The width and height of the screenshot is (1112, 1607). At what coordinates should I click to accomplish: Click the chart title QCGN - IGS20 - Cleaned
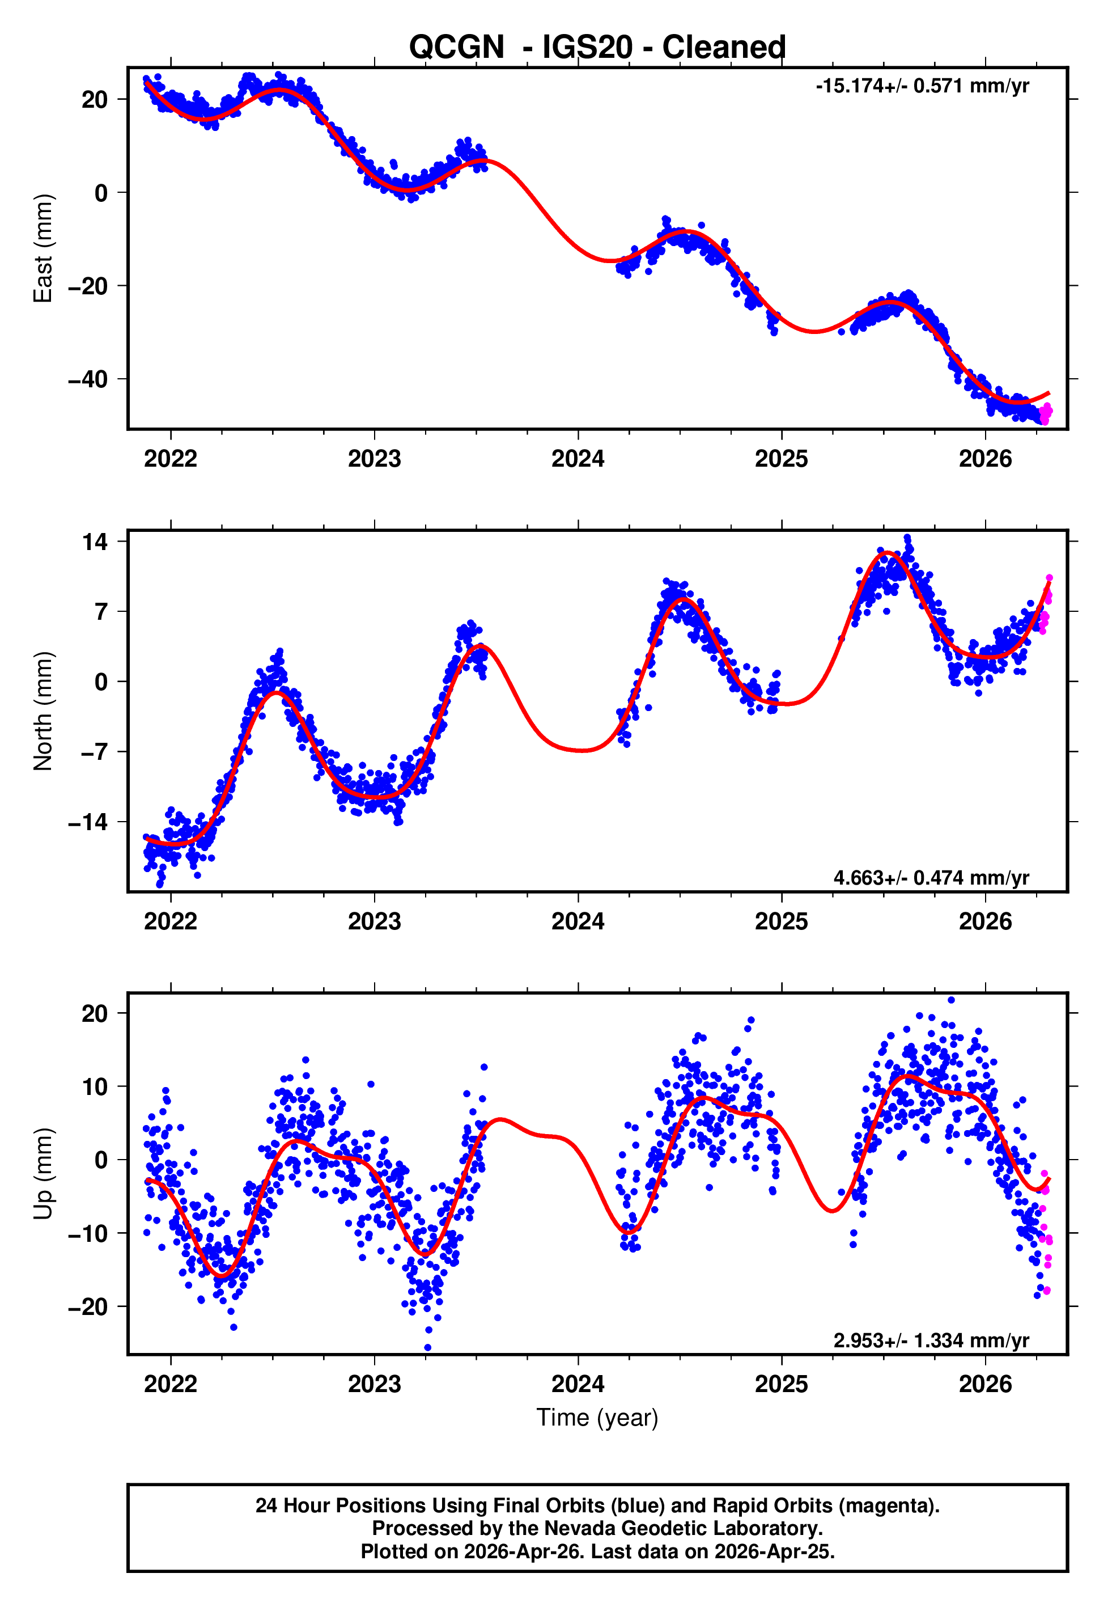click(597, 48)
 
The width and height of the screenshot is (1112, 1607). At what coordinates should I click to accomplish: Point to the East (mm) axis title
click(43, 248)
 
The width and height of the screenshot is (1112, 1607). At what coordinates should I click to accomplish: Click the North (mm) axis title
click(43, 711)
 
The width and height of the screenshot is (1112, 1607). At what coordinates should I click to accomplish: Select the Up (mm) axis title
click(43, 1174)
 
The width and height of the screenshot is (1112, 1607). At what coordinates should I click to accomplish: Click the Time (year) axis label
click(597, 1418)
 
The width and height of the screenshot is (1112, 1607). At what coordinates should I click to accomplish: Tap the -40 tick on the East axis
click(88, 380)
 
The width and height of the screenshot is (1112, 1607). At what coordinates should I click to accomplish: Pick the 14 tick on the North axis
click(95, 542)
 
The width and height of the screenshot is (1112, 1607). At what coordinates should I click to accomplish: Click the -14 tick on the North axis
click(88, 822)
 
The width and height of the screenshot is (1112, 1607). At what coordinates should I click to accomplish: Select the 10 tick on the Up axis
click(95, 1086)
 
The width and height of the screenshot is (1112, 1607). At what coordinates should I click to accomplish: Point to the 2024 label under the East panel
click(578, 459)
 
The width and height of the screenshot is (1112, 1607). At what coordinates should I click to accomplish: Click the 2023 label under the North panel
click(374, 922)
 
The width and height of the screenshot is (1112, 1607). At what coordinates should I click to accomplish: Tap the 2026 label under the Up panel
click(984, 1384)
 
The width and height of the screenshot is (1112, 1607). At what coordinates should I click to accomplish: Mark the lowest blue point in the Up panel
click(428, 1348)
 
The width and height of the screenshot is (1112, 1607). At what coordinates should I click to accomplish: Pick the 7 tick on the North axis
click(101, 612)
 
